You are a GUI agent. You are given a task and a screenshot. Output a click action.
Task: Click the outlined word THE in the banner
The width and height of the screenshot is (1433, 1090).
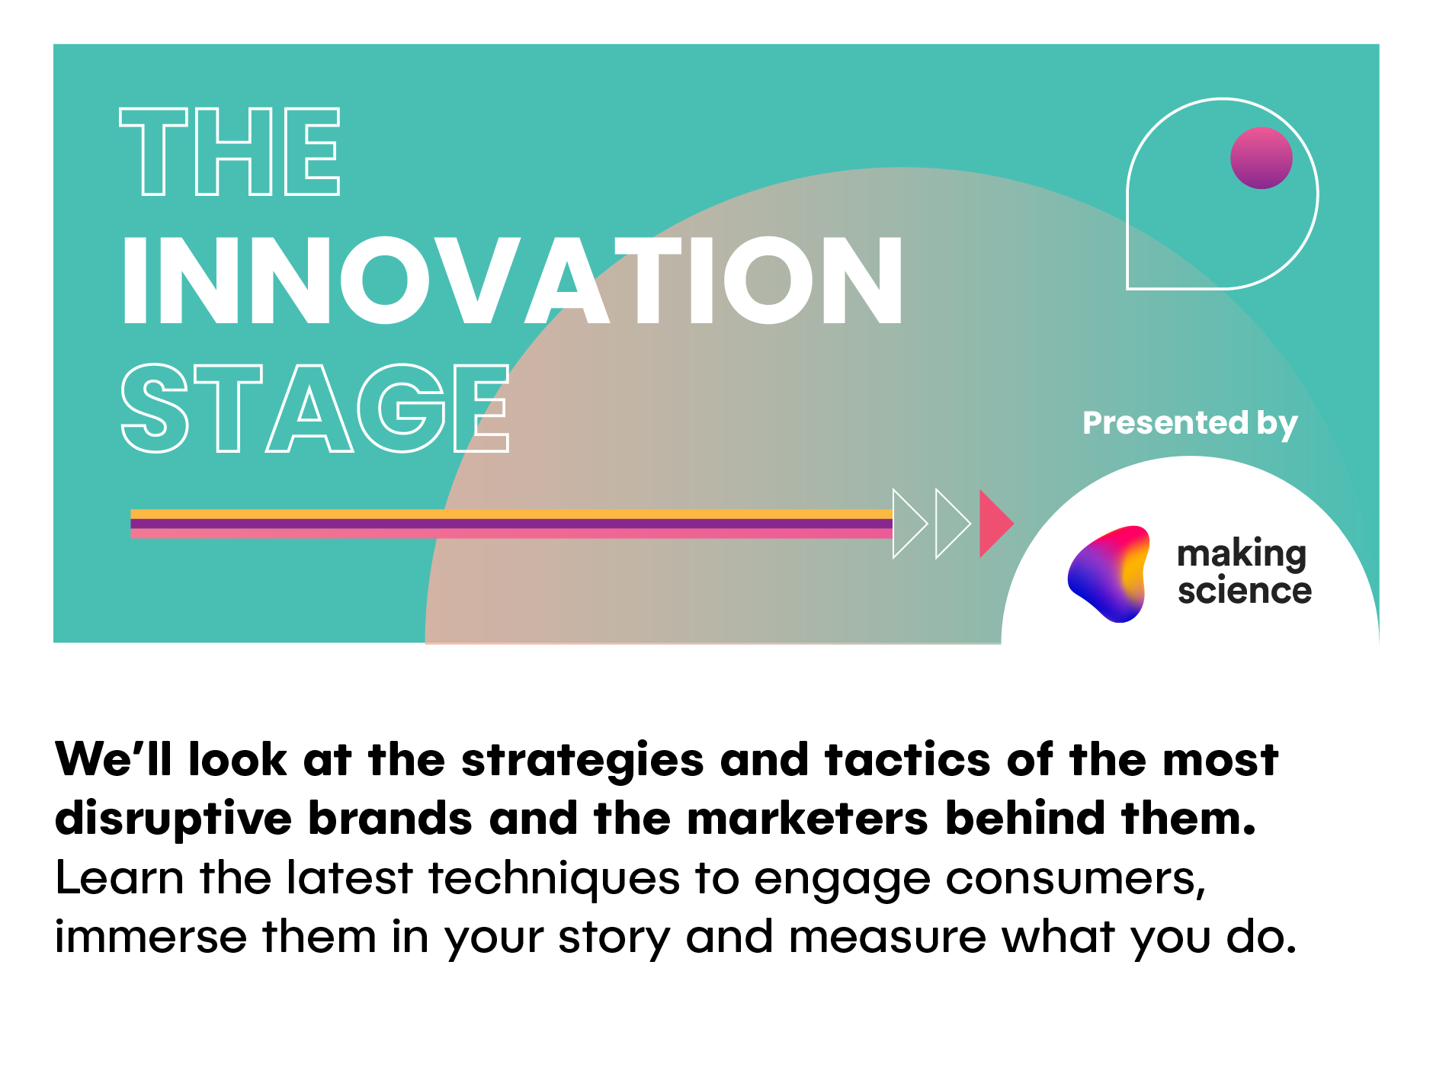[229, 151]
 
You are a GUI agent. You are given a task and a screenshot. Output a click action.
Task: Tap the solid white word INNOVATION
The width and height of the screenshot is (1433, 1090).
[512, 281]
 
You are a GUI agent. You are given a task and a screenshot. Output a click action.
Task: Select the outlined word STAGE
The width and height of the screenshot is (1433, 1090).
[315, 408]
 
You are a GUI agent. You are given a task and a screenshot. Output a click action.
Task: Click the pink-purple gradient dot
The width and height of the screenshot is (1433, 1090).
[1261, 158]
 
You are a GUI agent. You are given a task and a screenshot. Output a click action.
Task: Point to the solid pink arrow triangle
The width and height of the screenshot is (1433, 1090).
[995, 524]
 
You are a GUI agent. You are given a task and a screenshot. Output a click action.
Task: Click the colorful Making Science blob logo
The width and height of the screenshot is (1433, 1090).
[1109, 573]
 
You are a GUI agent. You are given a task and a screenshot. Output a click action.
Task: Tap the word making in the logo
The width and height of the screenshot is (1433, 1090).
[1242, 555]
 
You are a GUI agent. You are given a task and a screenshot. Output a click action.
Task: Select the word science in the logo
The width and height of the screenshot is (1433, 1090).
[1244, 591]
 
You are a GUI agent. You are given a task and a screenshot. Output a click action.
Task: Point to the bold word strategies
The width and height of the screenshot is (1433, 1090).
[582, 761]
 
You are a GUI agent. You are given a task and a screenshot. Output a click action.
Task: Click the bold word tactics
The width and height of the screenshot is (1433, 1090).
[907, 760]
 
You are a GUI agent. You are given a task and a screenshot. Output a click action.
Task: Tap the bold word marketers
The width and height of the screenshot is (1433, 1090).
[807, 819]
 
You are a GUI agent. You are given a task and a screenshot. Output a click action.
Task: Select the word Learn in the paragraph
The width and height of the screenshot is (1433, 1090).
[120, 878]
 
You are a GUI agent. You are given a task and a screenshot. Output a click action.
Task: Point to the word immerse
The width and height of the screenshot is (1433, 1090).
[151, 937]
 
